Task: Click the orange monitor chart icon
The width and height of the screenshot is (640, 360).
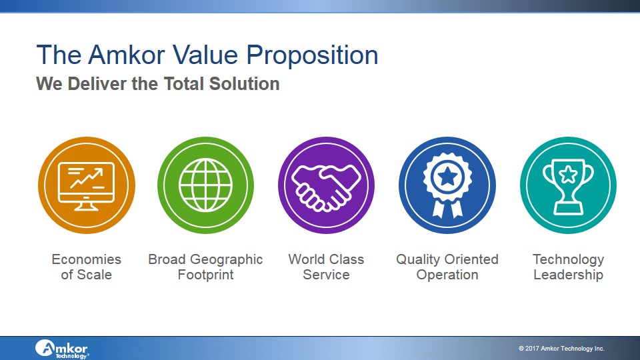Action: (x=87, y=185)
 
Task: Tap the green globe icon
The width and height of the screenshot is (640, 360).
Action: (x=206, y=185)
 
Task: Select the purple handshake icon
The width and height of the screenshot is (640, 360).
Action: (x=326, y=185)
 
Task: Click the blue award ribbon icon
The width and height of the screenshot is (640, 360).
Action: (x=447, y=185)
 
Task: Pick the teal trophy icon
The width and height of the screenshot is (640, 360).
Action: (x=568, y=185)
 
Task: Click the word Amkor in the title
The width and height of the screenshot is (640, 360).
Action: (x=127, y=55)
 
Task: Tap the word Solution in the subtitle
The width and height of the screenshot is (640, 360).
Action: (x=244, y=84)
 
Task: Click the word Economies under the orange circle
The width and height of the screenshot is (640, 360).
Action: (x=87, y=259)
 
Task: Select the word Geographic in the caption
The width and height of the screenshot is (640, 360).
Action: (x=226, y=260)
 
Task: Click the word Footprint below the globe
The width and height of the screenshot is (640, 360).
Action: (x=206, y=275)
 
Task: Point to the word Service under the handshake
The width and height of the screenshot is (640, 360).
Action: (x=326, y=275)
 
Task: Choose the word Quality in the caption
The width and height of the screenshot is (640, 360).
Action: (x=419, y=260)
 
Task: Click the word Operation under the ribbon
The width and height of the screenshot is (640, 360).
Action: (x=447, y=275)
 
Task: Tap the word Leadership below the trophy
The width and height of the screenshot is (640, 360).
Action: (x=568, y=275)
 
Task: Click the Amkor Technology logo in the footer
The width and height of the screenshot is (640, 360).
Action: (x=61, y=349)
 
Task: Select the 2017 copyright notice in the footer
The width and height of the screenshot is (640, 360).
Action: (x=561, y=349)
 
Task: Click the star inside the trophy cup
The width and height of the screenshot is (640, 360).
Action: (x=568, y=175)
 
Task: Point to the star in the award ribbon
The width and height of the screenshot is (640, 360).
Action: (x=447, y=176)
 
